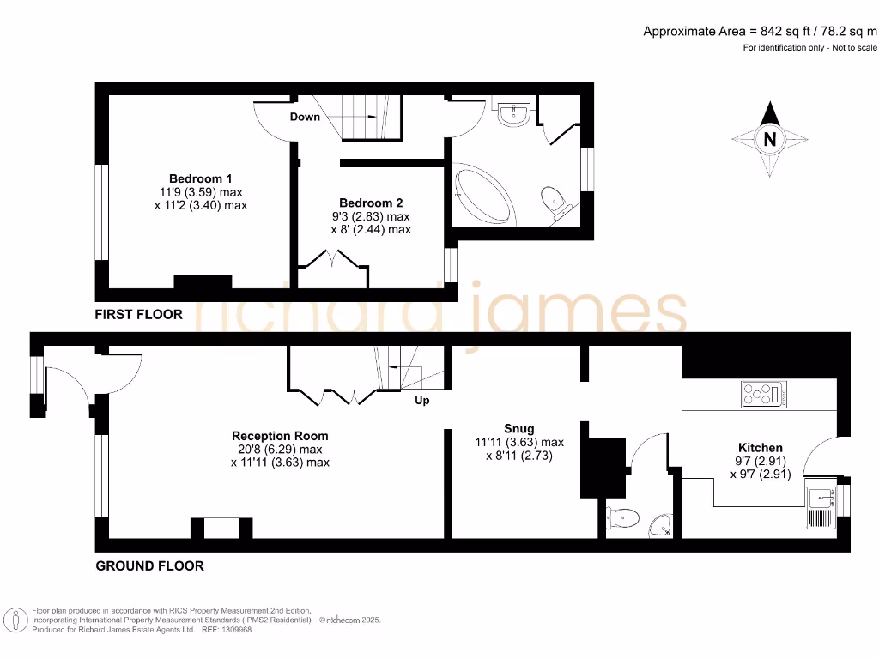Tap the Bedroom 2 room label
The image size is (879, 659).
[370, 203]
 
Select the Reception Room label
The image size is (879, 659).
[280, 436]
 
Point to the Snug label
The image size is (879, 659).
[519, 428]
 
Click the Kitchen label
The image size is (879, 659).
[761, 447]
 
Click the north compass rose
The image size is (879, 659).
[770, 139]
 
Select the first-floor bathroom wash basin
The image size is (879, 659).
[515, 114]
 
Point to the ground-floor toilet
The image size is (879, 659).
[623, 517]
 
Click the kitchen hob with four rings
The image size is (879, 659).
[764, 395]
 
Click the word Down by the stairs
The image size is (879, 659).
[305, 117]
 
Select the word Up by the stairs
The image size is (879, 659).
[421, 401]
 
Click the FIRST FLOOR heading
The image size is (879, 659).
[138, 314]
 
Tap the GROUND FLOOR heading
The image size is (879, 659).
[149, 565]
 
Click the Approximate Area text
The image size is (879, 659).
[761, 32]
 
